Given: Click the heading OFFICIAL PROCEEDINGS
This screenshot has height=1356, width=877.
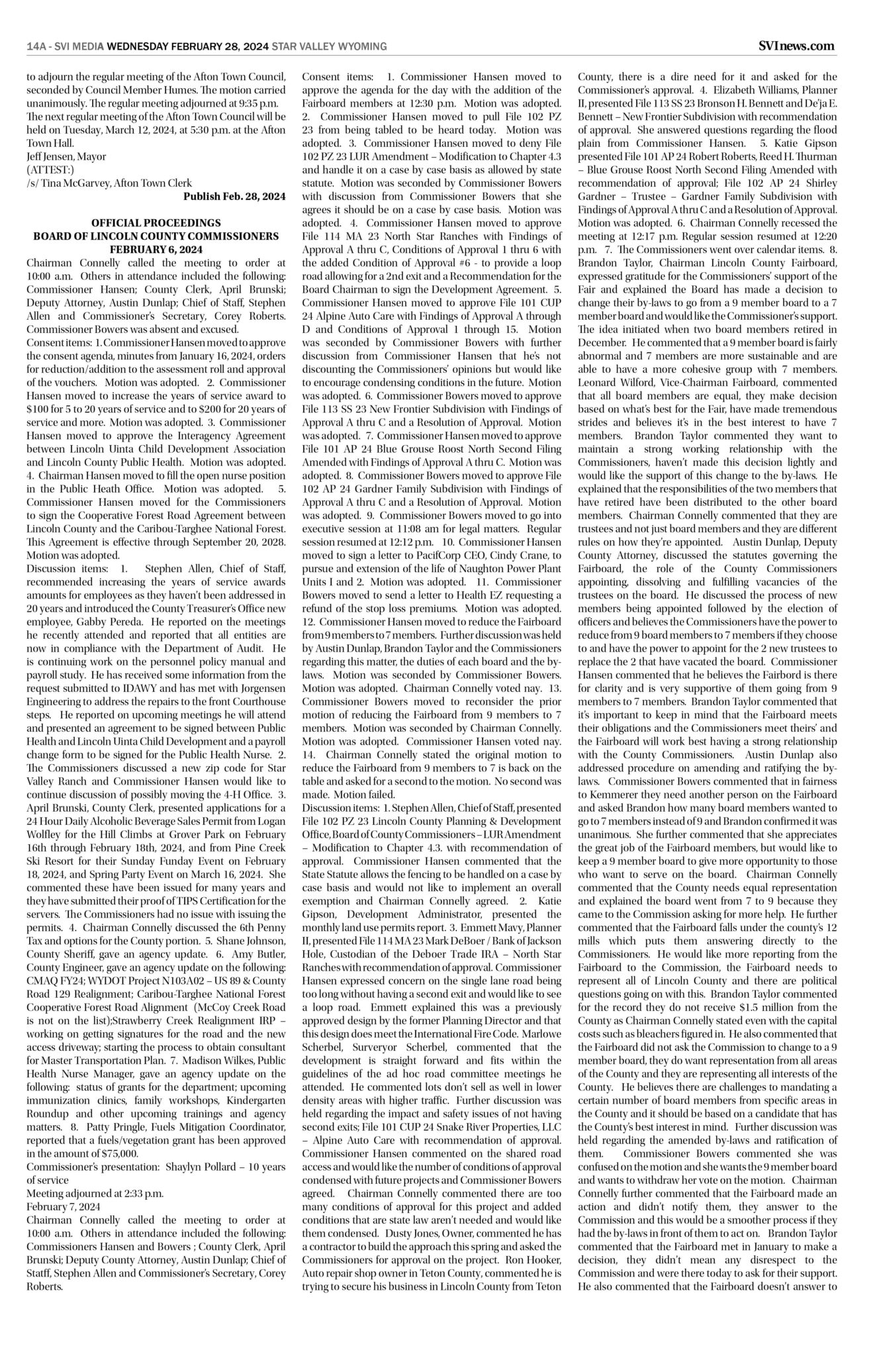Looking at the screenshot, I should (156, 223).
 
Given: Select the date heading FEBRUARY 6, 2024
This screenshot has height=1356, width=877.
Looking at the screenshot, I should (156, 248).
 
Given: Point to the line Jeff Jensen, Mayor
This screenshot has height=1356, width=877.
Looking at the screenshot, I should (66, 157).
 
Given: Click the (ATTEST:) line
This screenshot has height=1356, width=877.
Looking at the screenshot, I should (50, 169).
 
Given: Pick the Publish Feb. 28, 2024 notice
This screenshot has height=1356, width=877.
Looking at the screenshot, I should (234, 196).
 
